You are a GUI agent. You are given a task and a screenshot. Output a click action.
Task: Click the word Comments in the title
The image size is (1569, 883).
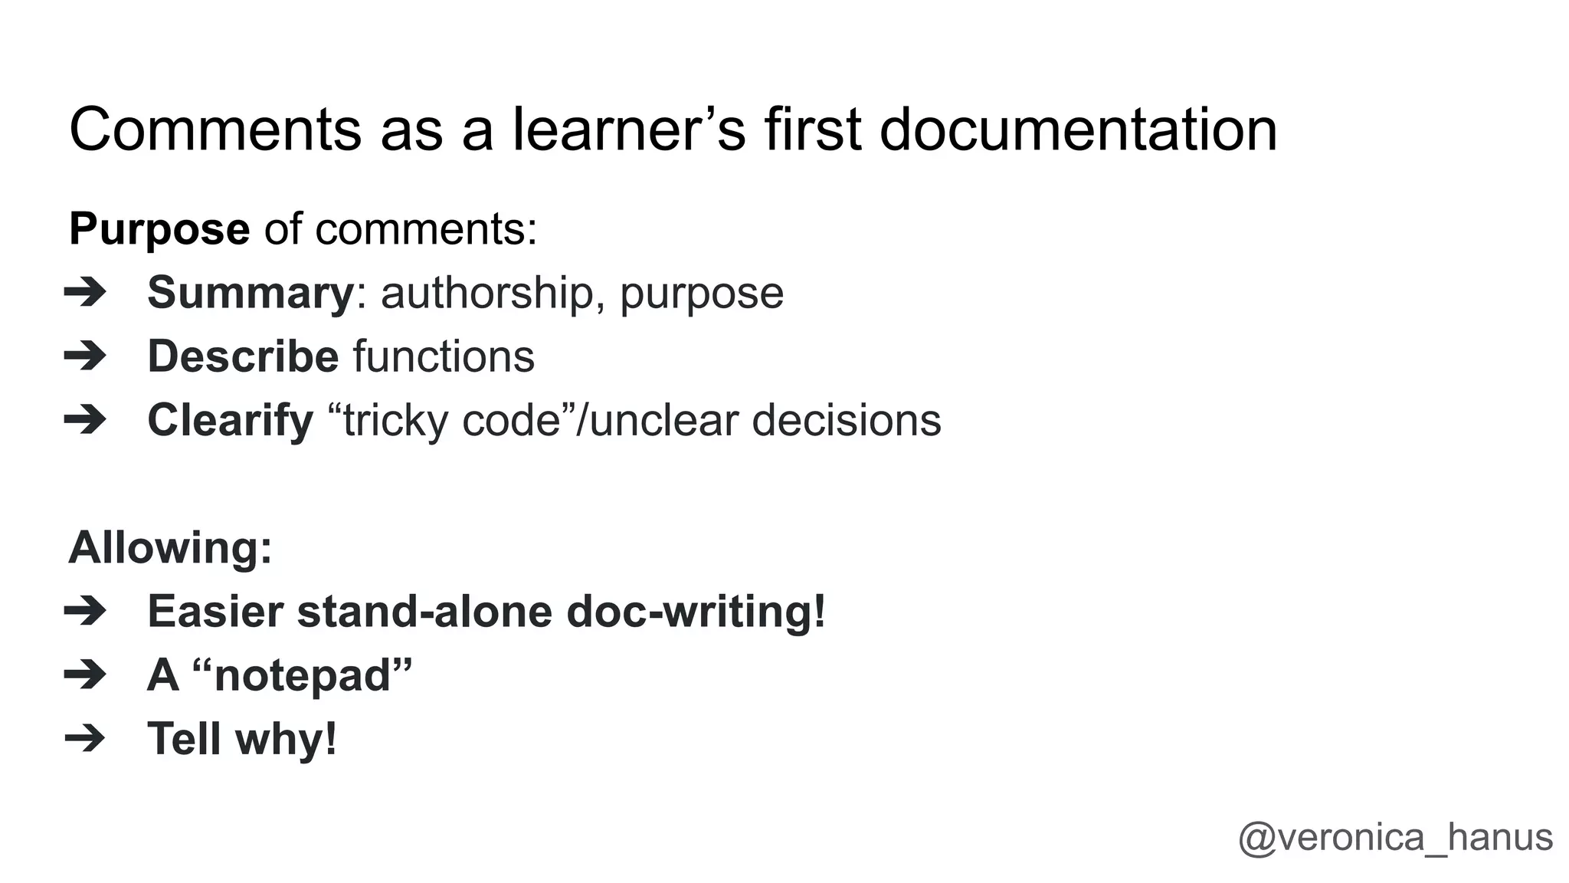215,130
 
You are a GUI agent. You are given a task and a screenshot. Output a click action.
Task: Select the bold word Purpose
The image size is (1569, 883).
159,229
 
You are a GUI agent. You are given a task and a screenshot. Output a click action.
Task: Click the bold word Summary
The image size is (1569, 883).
251,293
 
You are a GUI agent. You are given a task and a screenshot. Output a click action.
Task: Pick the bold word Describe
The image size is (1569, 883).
243,356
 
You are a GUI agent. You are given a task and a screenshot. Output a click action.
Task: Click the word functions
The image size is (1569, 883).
444,356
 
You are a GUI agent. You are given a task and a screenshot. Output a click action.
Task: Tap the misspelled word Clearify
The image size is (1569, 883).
231,421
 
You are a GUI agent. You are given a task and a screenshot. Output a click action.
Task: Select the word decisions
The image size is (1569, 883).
847,421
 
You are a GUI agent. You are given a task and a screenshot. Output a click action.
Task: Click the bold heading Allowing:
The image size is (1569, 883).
170,548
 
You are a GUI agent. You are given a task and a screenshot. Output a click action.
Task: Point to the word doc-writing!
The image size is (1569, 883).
696,612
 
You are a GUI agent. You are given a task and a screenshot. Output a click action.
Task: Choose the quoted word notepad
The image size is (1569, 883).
303,675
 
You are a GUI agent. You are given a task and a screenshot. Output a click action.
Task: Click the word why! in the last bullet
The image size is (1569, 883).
286,739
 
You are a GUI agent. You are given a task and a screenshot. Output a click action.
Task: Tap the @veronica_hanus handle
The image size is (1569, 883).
1395,837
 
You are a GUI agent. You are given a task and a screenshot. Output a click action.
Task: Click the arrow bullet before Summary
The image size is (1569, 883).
85,293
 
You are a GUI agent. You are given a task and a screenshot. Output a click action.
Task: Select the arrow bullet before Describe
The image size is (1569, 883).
85,356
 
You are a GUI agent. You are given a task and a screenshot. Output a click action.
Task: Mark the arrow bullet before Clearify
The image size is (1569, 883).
85,420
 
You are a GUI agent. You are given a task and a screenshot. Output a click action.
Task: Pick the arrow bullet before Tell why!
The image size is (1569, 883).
85,739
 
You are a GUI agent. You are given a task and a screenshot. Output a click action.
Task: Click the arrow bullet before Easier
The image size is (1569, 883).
85,612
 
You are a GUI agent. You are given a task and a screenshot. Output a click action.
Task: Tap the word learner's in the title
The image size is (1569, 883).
629,130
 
